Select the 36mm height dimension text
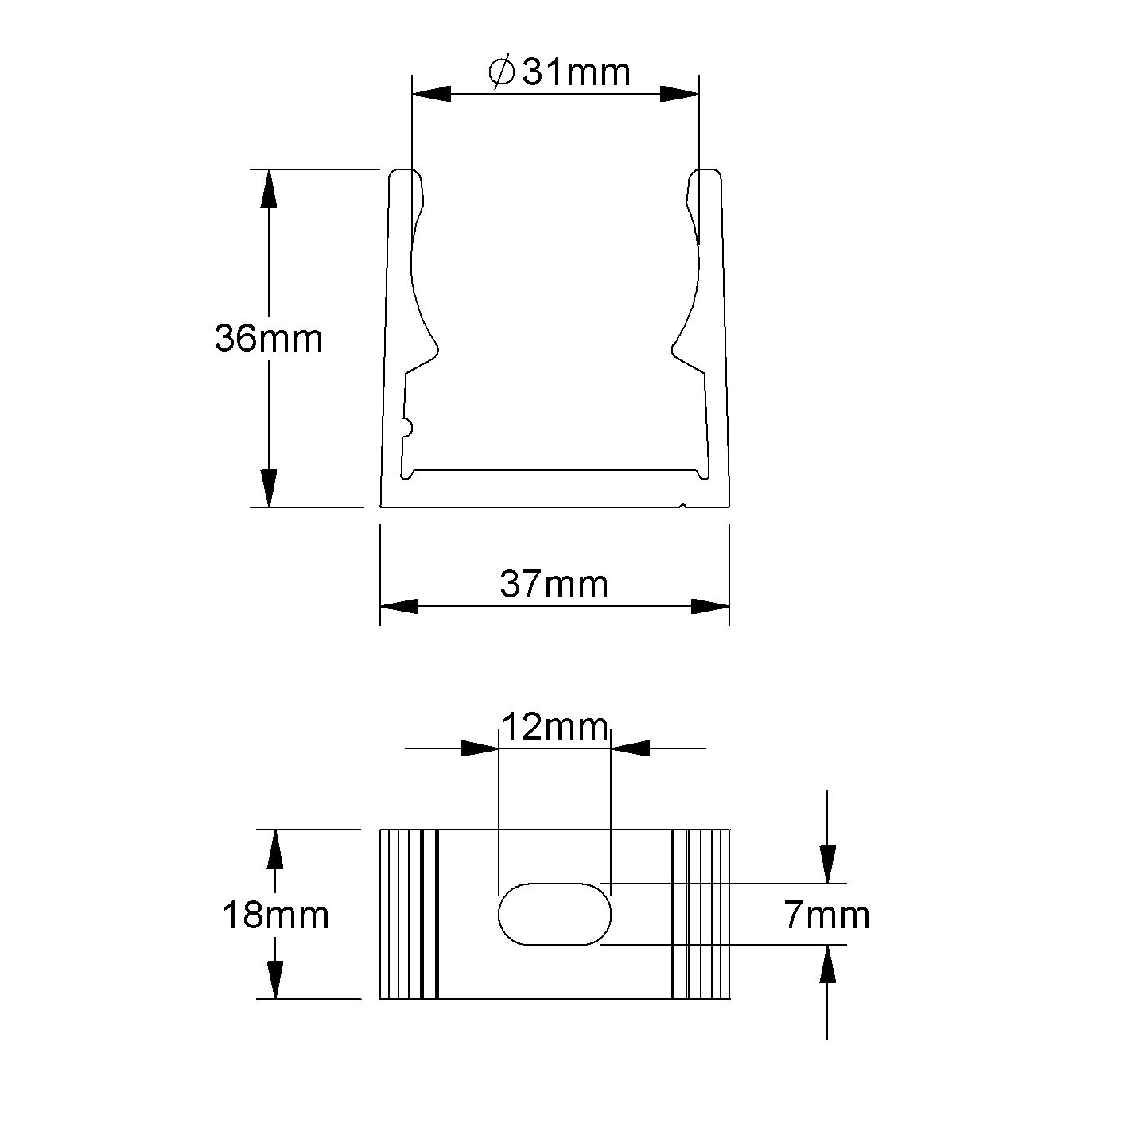click(x=269, y=339)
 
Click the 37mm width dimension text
click(x=554, y=585)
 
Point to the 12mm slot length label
click(x=554, y=726)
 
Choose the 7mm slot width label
click(x=827, y=915)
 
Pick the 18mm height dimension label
click(x=275, y=915)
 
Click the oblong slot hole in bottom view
click(x=554, y=914)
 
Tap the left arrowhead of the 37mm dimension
click(x=398, y=607)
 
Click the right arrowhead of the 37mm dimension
click(x=710, y=607)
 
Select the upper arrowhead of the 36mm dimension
click(x=269, y=188)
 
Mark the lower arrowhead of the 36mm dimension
click(x=269, y=488)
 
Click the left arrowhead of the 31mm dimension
click(x=431, y=94)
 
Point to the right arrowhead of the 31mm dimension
click(x=680, y=94)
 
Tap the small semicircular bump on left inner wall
click(x=408, y=428)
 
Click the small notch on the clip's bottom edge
click(x=682, y=504)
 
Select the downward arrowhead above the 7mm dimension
click(x=828, y=864)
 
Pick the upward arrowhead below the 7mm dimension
click(x=828, y=964)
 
